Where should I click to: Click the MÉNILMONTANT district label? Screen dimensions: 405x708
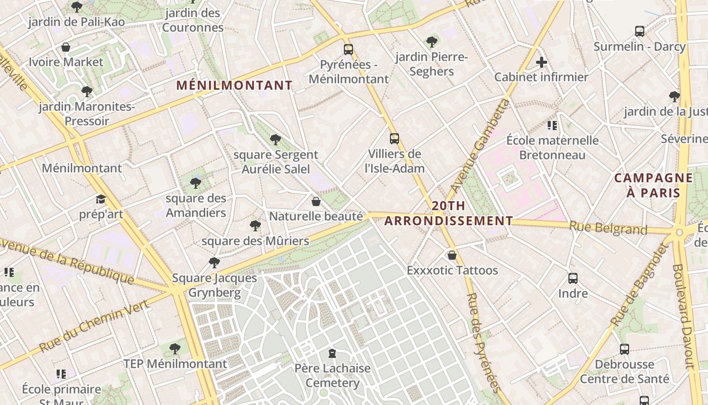pyautogui.click(x=234, y=86)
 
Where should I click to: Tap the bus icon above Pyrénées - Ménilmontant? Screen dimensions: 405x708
pyautogui.click(x=348, y=50)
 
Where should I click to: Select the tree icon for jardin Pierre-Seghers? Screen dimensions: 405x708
pyautogui.click(x=431, y=42)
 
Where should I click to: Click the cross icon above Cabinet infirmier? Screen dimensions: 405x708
pyautogui.click(x=542, y=63)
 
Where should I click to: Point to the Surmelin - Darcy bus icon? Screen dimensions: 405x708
pyautogui.click(x=640, y=31)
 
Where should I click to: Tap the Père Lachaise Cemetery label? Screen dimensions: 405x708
pyautogui.click(x=332, y=375)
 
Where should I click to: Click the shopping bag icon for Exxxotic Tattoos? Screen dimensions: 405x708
pyautogui.click(x=452, y=255)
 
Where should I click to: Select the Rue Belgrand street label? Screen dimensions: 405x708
pyautogui.click(x=608, y=228)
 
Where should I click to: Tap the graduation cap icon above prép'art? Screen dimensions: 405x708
pyautogui.click(x=101, y=199)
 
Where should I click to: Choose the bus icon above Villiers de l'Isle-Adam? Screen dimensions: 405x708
pyautogui.click(x=394, y=138)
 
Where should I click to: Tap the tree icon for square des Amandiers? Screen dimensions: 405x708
pyautogui.click(x=196, y=183)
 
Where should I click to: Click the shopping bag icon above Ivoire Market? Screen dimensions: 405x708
pyautogui.click(x=66, y=48)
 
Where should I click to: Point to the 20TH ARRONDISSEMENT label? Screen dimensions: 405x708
pyautogui.click(x=449, y=213)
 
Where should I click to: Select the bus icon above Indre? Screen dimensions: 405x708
pyautogui.click(x=573, y=278)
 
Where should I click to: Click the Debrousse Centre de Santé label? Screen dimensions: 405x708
pyautogui.click(x=624, y=371)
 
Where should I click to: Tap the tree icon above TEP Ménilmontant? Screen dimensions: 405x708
pyautogui.click(x=175, y=349)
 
